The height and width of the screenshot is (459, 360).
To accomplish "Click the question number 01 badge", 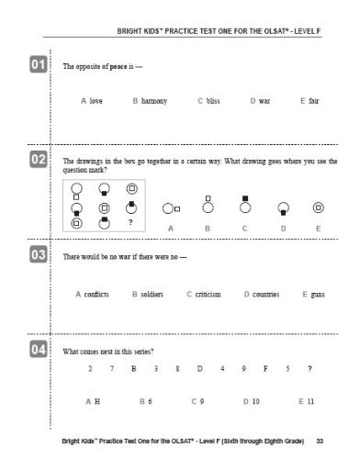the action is (x=39, y=64).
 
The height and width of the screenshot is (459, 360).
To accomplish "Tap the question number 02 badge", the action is (x=39, y=160).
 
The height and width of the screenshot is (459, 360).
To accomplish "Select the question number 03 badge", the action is (x=39, y=255).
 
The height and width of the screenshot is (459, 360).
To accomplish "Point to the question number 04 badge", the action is (x=39, y=349).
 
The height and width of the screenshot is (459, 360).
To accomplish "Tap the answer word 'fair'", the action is (x=313, y=100).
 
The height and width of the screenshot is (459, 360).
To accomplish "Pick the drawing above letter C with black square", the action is (x=245, y=205).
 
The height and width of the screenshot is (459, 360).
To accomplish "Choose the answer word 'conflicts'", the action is (x=96, y=294).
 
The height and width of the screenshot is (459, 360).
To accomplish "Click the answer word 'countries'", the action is (x=264, y=294).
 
